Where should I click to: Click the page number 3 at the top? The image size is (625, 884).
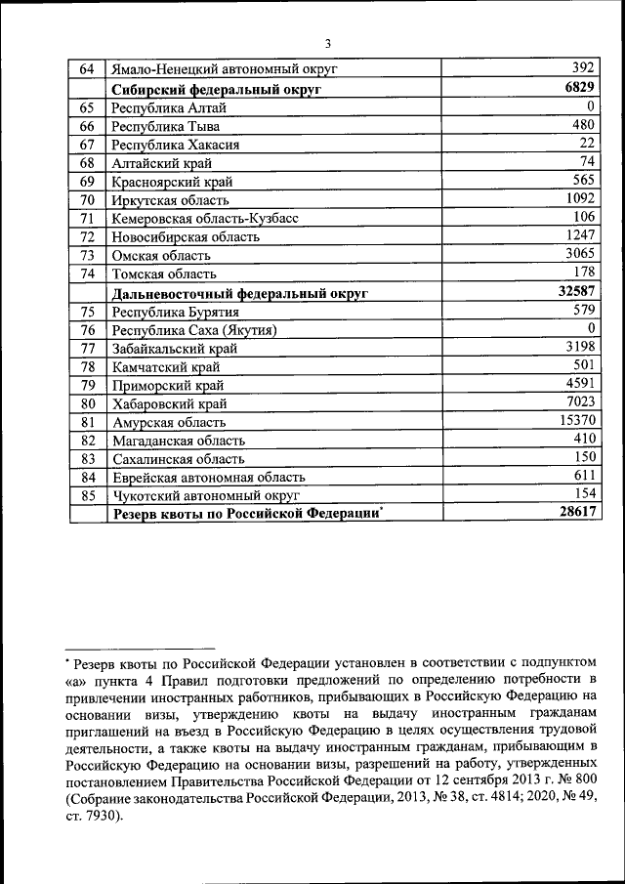click(x=328, y=43)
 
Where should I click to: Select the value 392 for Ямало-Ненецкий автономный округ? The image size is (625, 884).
click(x=582, y=69)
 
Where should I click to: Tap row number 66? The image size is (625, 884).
click(x=87, y=126)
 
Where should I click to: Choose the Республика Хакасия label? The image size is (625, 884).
click(x=175, y=145)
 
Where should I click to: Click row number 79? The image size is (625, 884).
click(x=87, y=385)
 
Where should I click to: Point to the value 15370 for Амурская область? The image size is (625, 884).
click(x=575, y=421)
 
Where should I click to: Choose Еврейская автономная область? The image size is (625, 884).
click(x=208, y=478)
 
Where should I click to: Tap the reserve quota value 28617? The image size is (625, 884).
click(x=575, y=513)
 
